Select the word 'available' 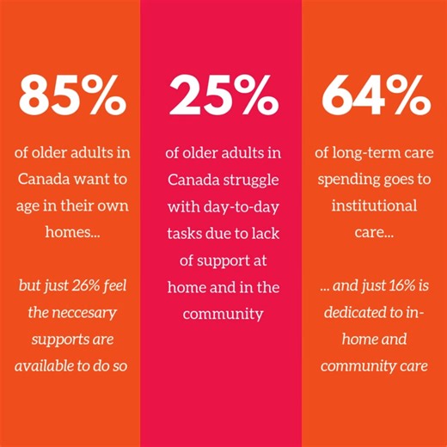[47, 364]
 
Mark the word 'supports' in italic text [63, 338]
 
